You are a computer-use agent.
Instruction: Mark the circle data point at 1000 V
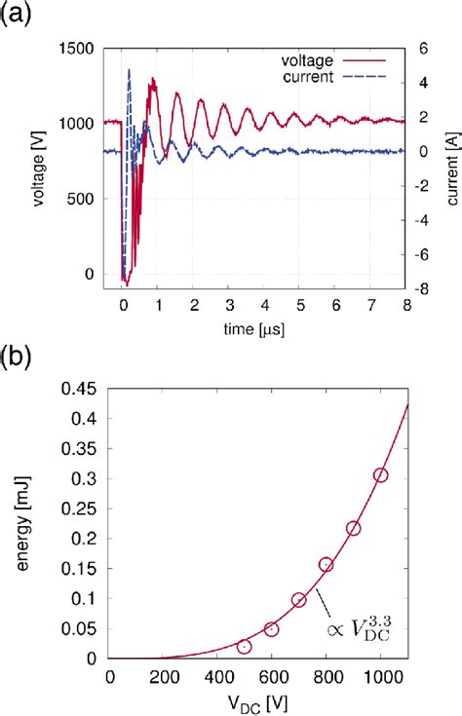pos(380,475)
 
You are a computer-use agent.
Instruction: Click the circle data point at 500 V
pos(245,647)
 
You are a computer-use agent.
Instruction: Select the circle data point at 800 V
pos(327,565)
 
